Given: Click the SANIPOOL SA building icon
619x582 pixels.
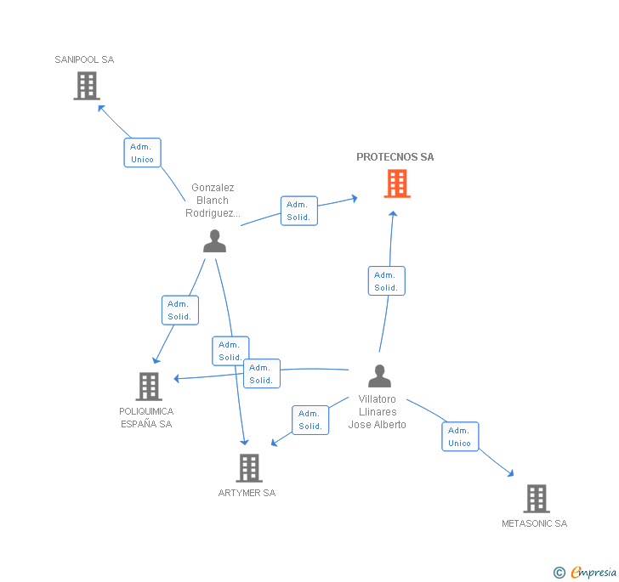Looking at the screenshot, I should point(87,86).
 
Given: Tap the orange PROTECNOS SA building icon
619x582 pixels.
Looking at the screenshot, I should point(397,184).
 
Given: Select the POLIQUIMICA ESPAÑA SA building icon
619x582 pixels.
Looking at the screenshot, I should point(149,387).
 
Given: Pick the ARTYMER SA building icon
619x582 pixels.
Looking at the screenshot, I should point(248,467).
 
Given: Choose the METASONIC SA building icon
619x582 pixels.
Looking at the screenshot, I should point(536,499).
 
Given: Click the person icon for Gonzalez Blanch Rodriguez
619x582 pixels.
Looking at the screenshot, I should point(214,241).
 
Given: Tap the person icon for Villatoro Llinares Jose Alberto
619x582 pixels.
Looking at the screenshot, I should point(379,376).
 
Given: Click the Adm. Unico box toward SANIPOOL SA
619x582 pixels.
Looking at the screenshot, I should point(142,153).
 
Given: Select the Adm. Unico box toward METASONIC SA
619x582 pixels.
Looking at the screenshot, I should point(459,437).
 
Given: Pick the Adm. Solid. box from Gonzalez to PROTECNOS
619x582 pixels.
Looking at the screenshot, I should point(298,211).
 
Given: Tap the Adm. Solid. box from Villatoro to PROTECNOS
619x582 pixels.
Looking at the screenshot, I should point(386,281).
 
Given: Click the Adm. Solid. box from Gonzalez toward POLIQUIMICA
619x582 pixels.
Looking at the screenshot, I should point(179,310).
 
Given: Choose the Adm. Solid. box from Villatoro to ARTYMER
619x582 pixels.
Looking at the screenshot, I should point(310,420).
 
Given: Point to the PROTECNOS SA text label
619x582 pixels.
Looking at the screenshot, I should point(395,157).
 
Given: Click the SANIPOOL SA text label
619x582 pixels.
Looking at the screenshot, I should point(84,60).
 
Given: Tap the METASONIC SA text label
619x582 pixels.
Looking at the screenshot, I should point(534,524).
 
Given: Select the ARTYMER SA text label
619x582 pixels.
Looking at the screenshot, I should point(247,493).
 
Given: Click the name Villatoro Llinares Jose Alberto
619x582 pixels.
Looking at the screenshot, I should point(378,412).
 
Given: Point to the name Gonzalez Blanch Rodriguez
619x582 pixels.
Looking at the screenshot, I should point(213,201).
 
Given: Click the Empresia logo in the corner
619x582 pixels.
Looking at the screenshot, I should point(586,573).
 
